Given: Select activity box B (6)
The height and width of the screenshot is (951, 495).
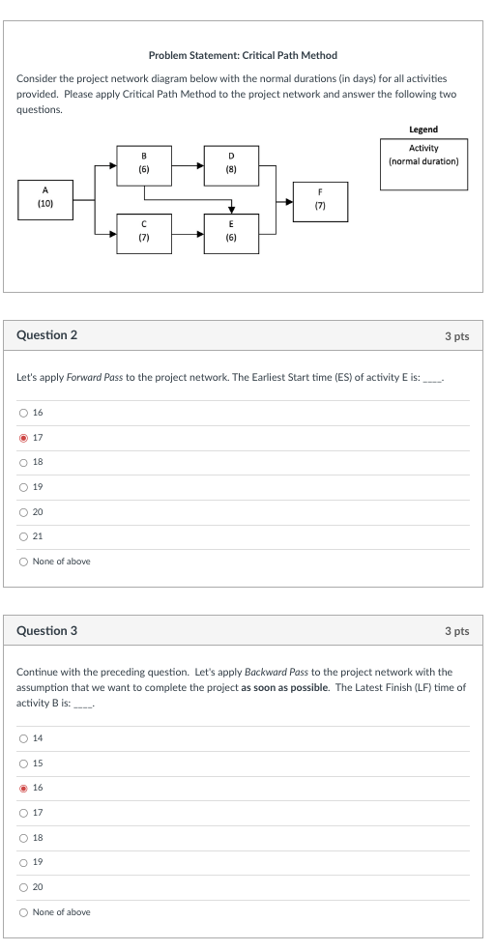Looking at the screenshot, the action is (x=144, y=162).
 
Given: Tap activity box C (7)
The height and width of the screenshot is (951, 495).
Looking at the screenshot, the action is (x=144, y=232).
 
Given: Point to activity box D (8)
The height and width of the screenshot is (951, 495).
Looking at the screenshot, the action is (x=231, y=162).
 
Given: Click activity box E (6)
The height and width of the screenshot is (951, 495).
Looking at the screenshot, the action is (x=231, y=232).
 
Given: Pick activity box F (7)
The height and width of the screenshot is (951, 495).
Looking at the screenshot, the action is (x=320, y=199).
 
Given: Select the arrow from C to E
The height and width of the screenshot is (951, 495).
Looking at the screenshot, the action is (x=188, y=232).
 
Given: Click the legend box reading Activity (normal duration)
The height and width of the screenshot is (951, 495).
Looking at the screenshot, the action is (x=423, y=156).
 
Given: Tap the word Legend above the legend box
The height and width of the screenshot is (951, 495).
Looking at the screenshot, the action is (x=423, y=130).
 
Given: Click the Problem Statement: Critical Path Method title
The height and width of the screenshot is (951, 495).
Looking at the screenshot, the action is (x=243, y=56).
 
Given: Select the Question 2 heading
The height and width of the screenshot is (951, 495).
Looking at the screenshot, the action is (x=47, y=335).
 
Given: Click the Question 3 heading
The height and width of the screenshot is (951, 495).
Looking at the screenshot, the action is (x=47, y=631).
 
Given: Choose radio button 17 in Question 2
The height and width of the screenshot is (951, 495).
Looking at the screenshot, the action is (x=23, y=438).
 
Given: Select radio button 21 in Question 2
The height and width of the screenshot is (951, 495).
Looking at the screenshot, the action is (x=23, y=536).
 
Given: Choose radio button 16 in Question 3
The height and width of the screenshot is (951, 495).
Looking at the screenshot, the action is (x=23, y=788).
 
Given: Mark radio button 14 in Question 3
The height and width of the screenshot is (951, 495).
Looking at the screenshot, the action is (x=23, y=738).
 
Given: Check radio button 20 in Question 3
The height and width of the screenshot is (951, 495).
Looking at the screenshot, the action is (x=23, y=886).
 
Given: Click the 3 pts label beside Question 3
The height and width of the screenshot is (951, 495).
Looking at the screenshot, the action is (x=456, y=631).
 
